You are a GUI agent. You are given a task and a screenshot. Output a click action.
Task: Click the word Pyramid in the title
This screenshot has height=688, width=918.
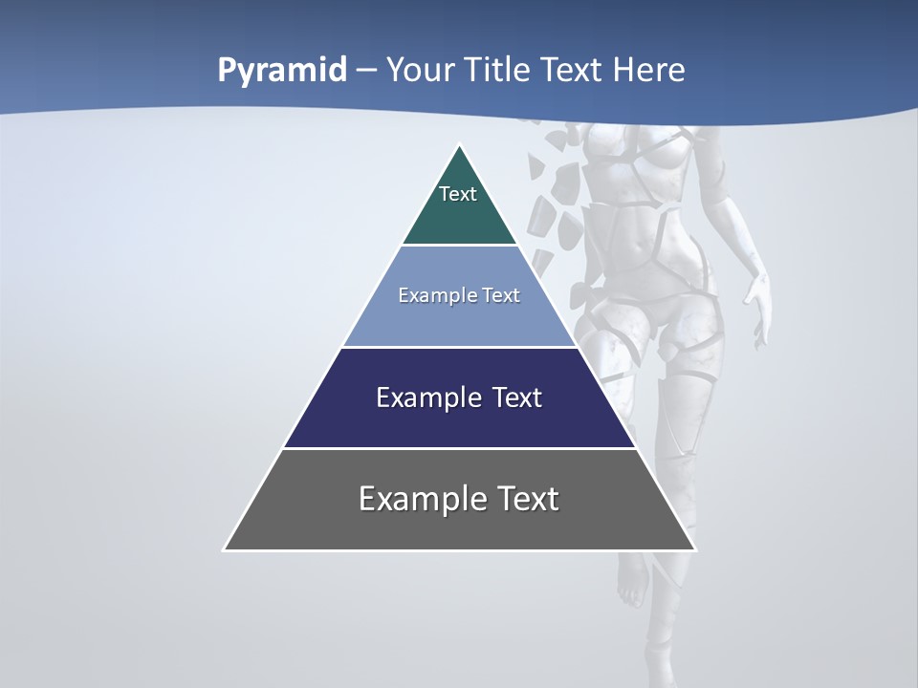[282, 70]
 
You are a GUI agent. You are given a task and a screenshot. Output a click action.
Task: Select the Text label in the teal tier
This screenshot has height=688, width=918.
[458, 194]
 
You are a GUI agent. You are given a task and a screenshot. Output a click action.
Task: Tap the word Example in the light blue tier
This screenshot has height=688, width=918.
[434, 295]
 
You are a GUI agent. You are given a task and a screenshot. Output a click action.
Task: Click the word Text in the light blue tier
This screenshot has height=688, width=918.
[499, 295]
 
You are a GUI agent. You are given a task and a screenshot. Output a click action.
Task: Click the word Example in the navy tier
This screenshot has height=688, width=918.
[418, 398]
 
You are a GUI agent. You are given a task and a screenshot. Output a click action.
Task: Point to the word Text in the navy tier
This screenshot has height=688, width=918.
[516, 398]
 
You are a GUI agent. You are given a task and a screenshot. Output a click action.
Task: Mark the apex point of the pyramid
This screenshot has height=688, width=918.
[460, 145]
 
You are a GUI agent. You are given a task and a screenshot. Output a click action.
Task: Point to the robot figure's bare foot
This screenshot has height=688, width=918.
[630, 583]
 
